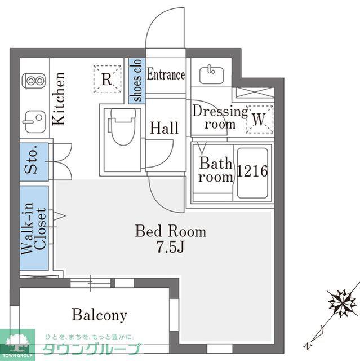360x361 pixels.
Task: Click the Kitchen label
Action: point(59,99)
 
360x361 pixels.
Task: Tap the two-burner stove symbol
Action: point(34,81)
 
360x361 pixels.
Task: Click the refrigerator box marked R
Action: point(107,79)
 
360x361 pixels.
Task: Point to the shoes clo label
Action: point(137,80)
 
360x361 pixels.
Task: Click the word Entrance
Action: point(166,74)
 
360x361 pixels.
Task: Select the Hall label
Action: point(165,128)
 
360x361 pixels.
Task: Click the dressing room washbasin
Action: point(211,74)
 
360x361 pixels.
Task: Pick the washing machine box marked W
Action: point(259,120)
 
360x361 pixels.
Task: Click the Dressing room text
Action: point(220,117)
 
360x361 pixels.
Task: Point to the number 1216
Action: point(252,171)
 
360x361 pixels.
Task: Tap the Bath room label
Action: point(216,170)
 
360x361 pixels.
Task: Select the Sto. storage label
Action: point(31,160)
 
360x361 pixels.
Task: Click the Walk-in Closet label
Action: point(34,228)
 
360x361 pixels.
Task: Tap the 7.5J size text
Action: point(171,246)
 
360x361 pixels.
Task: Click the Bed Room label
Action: point(170,231)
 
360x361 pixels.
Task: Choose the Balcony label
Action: point(100,315)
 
